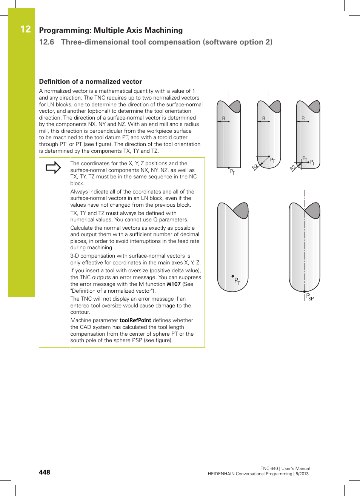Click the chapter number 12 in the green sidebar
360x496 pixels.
point(25,29)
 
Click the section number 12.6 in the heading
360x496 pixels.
point(46,42)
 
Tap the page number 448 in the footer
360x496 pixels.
point(44,472)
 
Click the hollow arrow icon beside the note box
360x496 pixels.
point(53,167)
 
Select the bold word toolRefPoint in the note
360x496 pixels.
point(135,320)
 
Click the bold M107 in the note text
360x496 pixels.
point(174,284)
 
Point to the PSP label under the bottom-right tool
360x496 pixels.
point(309,297)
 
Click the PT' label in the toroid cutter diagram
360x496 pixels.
point(305,159)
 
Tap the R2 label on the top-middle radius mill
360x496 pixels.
point(255,167)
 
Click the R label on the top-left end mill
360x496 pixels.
point(223,118)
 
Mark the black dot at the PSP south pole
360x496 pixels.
point(305,292)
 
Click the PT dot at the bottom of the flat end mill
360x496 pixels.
point(229,167)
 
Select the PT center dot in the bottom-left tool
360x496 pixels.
point(233,276)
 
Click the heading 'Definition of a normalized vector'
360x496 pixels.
point(91,81)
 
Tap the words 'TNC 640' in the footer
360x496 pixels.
point(269,468)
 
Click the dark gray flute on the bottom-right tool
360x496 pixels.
point(313,210)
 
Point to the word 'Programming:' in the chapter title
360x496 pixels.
point(65,30)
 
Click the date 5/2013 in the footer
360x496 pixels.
point(302,474)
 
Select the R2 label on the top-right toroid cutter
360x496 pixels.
point(293,168)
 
